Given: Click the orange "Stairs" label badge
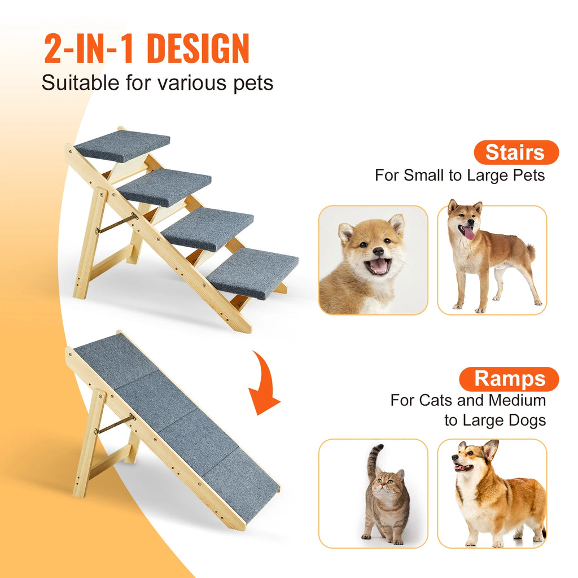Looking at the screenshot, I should [x=515, y=152].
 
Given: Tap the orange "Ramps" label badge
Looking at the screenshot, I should [x=509, y=379].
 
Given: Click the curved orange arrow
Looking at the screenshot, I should [x=264, y=384].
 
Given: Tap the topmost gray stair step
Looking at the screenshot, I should [x=122, y=144].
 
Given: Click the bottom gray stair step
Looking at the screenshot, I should [x=252, y=273].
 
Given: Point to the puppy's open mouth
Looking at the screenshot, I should [x=378, y=266].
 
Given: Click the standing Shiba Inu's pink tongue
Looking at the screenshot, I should [x=468, y=233].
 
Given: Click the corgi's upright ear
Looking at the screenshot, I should [x=490, y=450].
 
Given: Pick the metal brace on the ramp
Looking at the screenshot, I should [x=115, y=424].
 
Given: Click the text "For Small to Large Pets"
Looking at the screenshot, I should [x=459, y=175].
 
